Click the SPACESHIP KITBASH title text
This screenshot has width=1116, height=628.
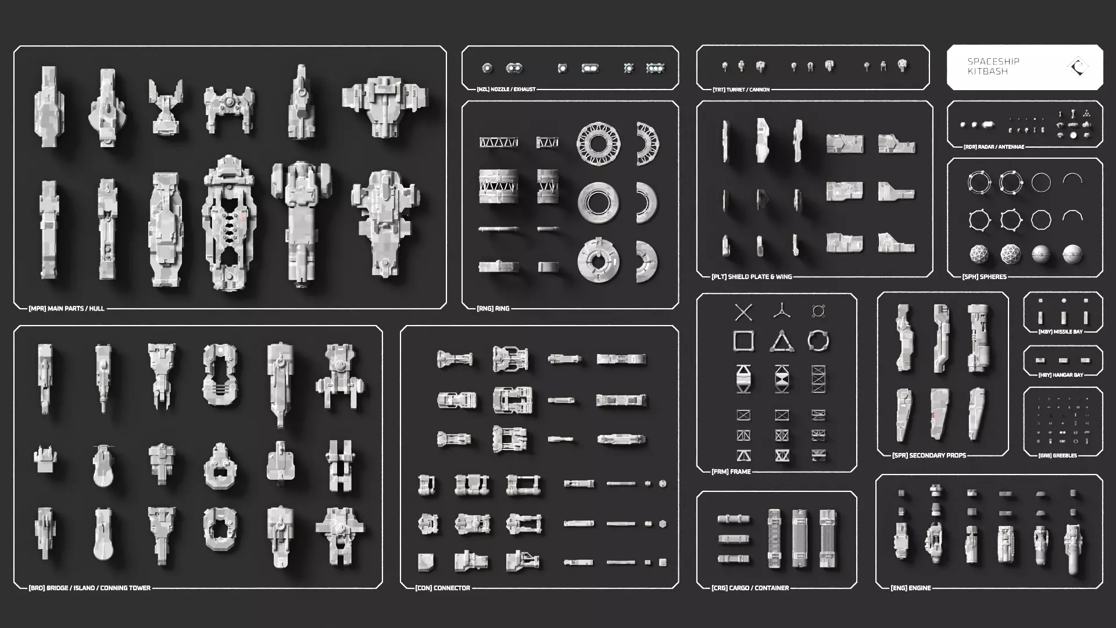tap(993, 66)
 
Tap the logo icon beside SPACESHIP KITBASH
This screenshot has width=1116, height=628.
tap(1078, 67)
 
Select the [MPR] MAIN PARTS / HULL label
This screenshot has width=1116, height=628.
tap(66, 308)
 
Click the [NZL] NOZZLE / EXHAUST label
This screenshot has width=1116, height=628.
tap(506, 90)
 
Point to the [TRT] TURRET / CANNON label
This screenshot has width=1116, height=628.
tap(741, 90)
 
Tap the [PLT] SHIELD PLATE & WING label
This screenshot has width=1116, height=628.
tap(752, 277)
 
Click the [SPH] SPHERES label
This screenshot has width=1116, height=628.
tap(984, 277)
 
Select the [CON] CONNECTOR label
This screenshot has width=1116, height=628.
tap(442, 588)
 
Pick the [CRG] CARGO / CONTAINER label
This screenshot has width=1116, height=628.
tap(750, 588)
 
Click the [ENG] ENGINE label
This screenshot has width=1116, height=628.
tap(910, 588)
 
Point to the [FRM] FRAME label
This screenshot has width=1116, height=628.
tap(731, 472)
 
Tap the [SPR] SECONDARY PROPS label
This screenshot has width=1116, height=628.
tap(929, 455)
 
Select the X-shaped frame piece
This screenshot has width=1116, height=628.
tap(743, 312)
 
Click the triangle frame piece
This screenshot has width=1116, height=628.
tap(782, 342)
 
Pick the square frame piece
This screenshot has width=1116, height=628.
tap(743, 341)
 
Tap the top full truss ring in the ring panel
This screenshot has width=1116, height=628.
tap(598, 143)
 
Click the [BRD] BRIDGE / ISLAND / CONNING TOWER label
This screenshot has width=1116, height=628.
tap(90, 588)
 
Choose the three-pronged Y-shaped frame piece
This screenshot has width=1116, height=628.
tap(782, 311)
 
